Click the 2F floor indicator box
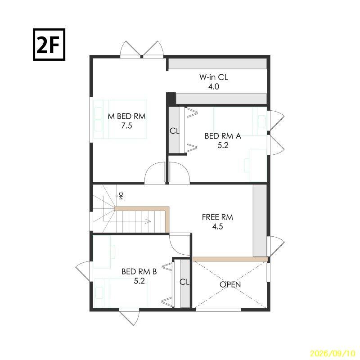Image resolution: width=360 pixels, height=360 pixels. tap(49, 45)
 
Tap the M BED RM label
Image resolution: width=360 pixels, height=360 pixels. tap(127, 117)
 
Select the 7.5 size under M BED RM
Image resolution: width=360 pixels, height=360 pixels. tap(127, 126)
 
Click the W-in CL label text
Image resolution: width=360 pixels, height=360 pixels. tap(213, 77)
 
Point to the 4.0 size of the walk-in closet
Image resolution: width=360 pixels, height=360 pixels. tap(213, 87)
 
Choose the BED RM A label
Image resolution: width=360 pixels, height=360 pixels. tap(223, 136)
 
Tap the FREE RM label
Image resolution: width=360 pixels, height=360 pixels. tap(217, 217)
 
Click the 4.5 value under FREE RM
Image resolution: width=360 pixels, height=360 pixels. tap(217, 227)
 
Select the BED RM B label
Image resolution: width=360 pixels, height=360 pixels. tap(139, 272)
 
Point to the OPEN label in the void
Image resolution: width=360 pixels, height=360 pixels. tap(230, 284)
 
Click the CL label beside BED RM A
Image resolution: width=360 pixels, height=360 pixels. tap(175, 131)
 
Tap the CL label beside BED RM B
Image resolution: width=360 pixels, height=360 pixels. tap(184, 282)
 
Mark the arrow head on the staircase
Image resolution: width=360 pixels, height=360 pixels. tap(148, 221)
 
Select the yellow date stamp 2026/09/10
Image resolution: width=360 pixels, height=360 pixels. tap(333, 353)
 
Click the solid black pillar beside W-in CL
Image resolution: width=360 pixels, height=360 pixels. tap(171, 99)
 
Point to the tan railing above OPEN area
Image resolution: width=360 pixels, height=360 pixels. tap(230, 259)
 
